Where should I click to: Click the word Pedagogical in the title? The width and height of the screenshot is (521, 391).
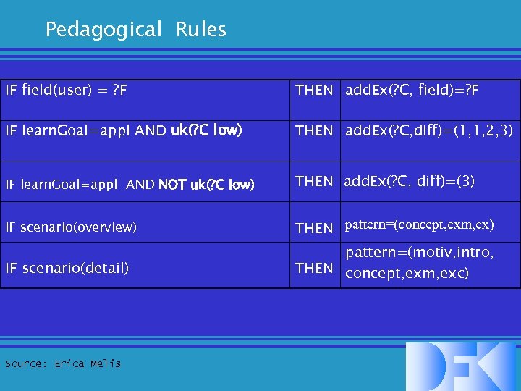(x=103, y=30)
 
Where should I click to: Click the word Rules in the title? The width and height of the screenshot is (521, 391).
(x=200, y=30)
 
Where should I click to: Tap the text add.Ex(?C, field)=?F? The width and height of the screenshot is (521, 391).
(x=412, y=91)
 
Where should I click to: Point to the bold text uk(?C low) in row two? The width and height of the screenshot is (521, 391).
(x=207, y=131)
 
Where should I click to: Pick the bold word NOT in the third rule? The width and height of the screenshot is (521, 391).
(x=171, y=185)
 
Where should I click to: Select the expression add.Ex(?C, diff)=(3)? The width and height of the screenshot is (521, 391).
(x=409, y=181)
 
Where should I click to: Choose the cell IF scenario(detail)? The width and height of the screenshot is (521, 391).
(x=67, y=268)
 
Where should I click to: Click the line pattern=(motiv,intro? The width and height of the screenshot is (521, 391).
(x=419, y=253)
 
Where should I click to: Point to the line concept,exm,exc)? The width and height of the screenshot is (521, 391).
(x=407, y=274)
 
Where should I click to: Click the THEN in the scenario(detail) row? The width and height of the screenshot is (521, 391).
(x=314, y=268)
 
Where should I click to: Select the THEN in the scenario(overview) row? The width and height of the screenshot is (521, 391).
(x=314, y=228)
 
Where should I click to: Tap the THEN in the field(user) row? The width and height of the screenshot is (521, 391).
(x=314, y=91)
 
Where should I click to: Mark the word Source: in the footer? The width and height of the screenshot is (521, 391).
(x=26, y=363)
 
